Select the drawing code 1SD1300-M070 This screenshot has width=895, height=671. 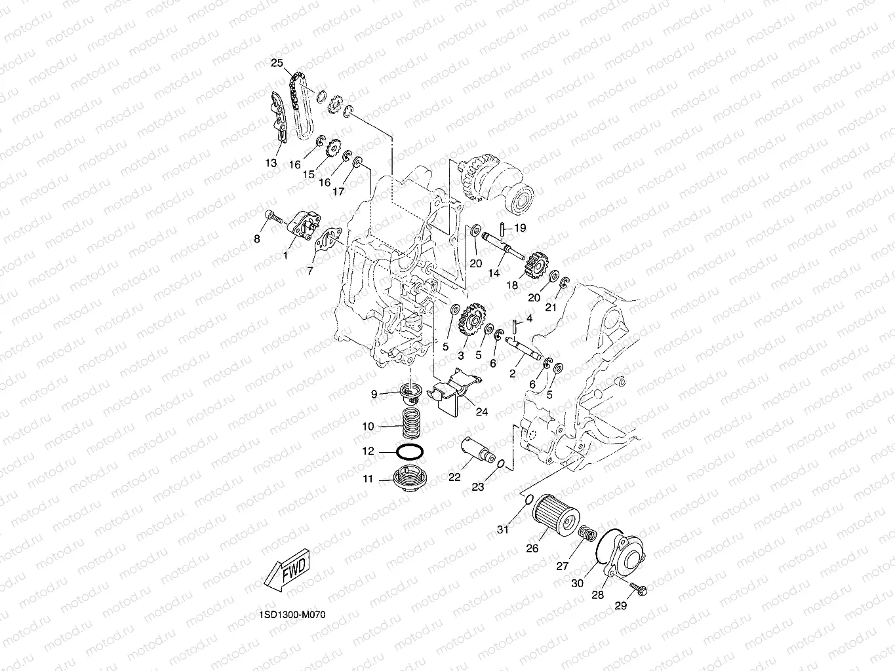click(x=292, y=615)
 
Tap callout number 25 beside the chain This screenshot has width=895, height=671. click(x=277, y=63)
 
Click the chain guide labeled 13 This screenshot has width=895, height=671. click(x=277, y=118)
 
